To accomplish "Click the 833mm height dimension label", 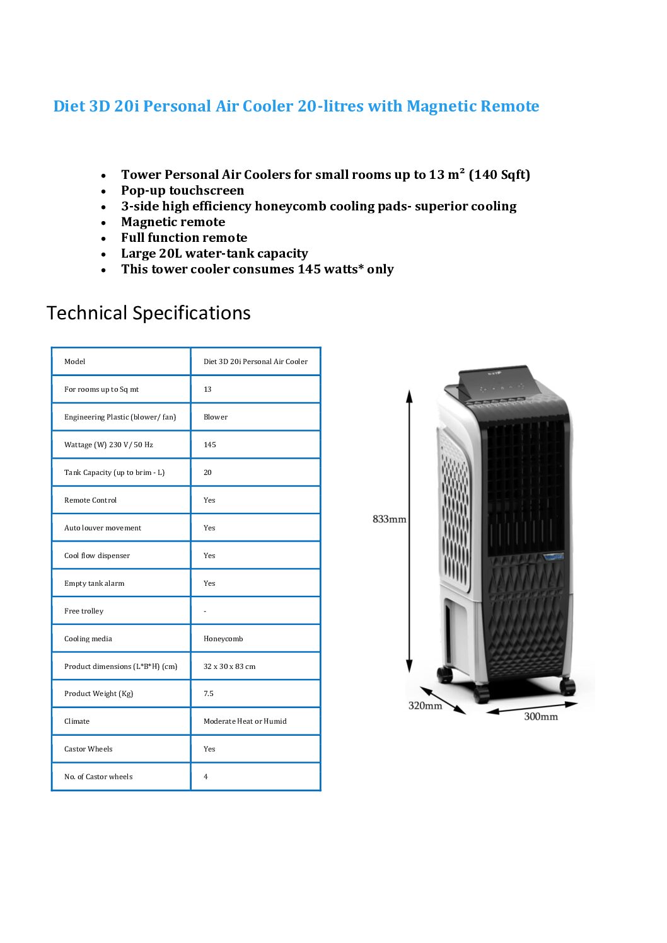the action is click(389, 519).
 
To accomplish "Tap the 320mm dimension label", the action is click(425, 706).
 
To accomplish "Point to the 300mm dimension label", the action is click(540, 716).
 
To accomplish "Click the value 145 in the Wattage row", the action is click(209, 445).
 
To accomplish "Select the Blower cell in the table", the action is click(216, 417).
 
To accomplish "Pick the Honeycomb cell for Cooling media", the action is click(223, 639).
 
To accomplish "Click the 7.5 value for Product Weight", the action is click(208, 694).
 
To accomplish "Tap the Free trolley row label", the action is click(83, 611).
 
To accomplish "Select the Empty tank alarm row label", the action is click(94, 583).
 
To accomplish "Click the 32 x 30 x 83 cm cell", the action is click(229, 666).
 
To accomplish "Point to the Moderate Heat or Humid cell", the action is click(245, 721).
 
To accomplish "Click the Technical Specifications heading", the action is click(148, 313).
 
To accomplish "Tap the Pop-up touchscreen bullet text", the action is click(182, 190).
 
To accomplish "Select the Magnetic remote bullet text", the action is click(173, 222).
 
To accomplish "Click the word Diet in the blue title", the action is click(69, 106).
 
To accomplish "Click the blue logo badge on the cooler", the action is click(554, 557).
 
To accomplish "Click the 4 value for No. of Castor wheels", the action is click(206, 777).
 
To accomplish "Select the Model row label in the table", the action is click(74, 362).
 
